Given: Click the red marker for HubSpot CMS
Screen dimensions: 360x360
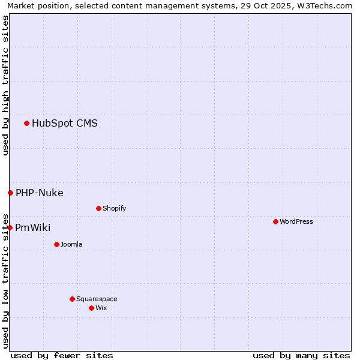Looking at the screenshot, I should tap(27, 124).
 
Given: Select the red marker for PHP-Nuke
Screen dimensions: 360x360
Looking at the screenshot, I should tap(10, 193).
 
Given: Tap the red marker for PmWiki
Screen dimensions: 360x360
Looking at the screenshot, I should tap(10, 227).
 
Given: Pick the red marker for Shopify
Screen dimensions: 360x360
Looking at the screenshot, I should tap(98, 208).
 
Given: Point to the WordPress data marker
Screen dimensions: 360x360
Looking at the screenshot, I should tap(275, 221).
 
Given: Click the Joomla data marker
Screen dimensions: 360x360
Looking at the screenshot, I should tap(56, 244).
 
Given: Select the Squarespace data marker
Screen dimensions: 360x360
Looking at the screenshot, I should tap(72, 299).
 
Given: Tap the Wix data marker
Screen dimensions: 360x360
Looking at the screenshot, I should tap(91, 308).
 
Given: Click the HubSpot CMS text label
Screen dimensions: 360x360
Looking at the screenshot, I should tap(65, 124).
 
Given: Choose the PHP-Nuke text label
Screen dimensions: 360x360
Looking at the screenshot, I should tap(40, 193).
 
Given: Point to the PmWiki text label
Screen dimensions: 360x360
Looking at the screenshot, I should tap(33, 227).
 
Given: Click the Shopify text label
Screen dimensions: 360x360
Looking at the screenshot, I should tap(115, 208).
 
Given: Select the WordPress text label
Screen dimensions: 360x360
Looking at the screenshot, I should tap(296, 221).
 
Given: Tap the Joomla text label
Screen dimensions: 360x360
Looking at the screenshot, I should tap(71, 244).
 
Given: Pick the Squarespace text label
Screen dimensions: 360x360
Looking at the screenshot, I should tap(97, 299).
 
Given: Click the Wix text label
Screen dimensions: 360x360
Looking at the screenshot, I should tap(101, 308).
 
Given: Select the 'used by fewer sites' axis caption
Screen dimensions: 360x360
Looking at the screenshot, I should tap(62, 355).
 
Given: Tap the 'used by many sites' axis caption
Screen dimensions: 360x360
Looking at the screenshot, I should tap(301, 355).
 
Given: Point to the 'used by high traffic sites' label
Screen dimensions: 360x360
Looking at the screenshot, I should tap(5, 85).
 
